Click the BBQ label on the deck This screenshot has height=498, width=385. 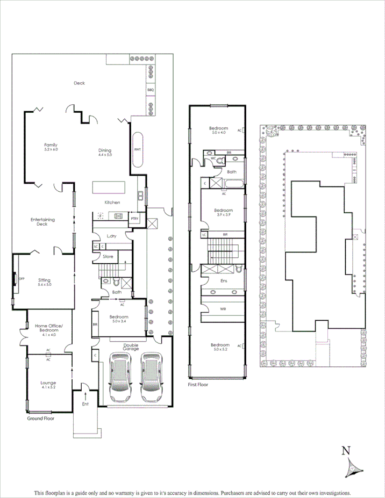point(151,90)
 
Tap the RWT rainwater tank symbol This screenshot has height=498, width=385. point(137,150)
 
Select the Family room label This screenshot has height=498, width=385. point(51,145)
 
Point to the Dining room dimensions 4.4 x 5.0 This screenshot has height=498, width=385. point(104,155)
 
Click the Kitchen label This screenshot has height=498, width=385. point(112,203)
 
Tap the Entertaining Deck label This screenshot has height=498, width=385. point(43,221)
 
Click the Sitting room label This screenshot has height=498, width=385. point(44,280)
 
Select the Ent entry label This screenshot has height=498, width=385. point(85,403)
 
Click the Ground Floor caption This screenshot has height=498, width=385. point(41,417)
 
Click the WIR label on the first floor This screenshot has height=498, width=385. point(223,309)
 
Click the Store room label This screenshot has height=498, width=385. point(108,257)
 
